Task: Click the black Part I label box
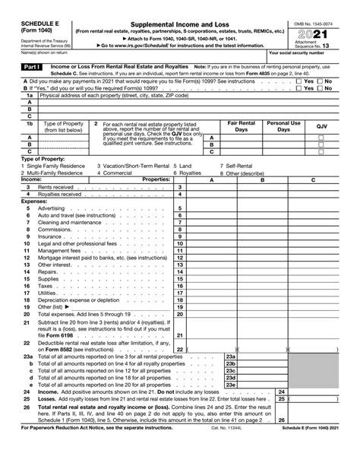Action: (x=28, y=68)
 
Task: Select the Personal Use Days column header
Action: (x=283, y=126)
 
